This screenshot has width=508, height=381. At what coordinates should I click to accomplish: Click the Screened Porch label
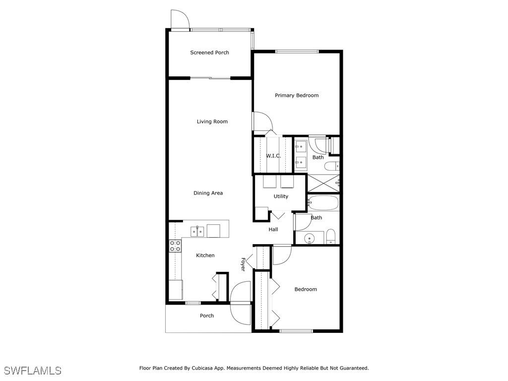pyautogui.click(x=209, y=53)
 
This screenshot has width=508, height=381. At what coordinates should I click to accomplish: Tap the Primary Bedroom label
pyautogui.click(x=297, y=95)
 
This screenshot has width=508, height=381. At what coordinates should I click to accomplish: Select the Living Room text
pyautogui.click(x=212, y=122)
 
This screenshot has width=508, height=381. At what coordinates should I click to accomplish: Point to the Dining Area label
pyautogui.click(x=208, y=193)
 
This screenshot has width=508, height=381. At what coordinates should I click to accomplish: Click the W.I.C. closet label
pyautogui.click(x=273, y=156)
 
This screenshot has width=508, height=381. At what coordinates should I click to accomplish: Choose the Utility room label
pyautogui.click(x=281, y=196)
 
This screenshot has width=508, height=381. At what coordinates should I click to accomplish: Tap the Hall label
pyautogui.click(x=273, y=230)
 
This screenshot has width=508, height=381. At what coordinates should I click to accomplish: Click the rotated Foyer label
pyautogui.click(x=243, y=264)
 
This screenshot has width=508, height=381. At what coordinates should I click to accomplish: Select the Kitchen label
pyautogui.click(x=205, y=255)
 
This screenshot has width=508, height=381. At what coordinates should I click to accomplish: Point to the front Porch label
pyautogui.click(x=207, y=316)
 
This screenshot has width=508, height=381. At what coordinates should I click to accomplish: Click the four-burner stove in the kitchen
pyautogui.click(x=175, y=246)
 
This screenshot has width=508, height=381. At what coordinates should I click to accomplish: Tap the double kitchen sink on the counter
pyautogui.click(x=197, y=231)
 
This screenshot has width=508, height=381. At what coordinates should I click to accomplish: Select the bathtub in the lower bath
pyautogui.click(x=323, y=203)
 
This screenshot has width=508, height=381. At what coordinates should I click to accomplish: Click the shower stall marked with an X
pyautogui.click(x=323, y=183)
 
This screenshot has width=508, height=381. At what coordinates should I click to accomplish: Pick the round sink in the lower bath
pyautogui.click(x=311, y=238)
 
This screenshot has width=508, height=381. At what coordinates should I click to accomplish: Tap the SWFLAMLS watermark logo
pyautogui.click(x=33, y=371)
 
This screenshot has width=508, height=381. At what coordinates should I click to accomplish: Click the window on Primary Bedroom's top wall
pyautogui.click(x=297, y=51)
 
